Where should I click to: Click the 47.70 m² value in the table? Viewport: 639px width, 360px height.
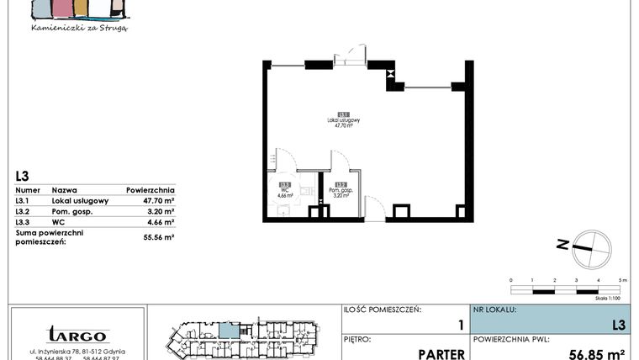(x=157, y=201)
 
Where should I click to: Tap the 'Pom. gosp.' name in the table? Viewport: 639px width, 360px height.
(x=71, y=212)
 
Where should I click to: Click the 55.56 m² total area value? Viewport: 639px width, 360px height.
(x=157, y=238)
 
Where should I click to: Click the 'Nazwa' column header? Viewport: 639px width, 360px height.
(x=65, y=190)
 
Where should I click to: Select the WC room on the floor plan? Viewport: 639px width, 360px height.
(x=285, y=192)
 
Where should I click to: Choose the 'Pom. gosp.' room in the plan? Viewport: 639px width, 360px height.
(x=341, y=192)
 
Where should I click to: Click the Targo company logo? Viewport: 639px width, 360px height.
(x=77, y=334)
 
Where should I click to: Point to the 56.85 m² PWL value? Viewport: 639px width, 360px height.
(x=598, y=353)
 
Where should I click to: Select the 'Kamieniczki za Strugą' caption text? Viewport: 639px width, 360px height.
(x=79, y=28)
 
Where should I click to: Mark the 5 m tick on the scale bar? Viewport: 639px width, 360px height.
(x=619, y=279)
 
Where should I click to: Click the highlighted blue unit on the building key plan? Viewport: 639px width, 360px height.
(x=228, y=330)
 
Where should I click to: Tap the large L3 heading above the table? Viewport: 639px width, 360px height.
(x=23, y=176)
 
